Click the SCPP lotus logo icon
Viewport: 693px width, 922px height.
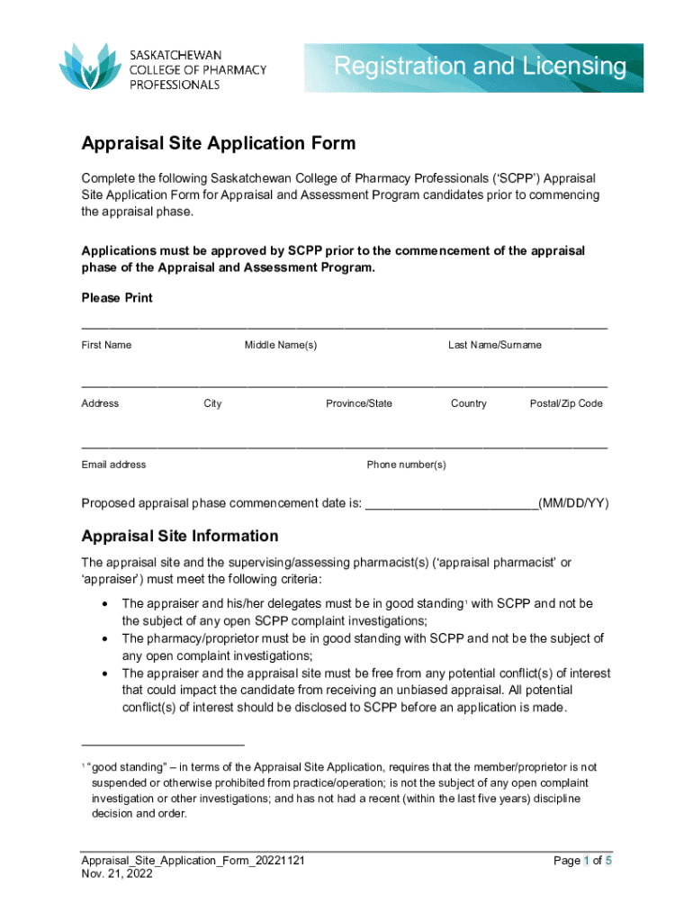(x=89, y=66)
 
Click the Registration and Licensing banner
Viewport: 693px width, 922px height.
(x=474, y=67)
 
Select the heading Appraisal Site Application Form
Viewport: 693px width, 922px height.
(x=219, y=143)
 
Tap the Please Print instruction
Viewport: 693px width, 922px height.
(x=117, y=298)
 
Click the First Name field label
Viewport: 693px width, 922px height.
(x=106, y=345)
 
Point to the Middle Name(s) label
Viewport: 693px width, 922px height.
(x=281, y=345)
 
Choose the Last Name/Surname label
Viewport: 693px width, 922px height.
(x=495, y=345)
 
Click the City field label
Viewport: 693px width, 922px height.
(x=212, y=403)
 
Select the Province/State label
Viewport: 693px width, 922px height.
(x=359, y=403)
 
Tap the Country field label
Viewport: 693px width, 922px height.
(x=469, y=403)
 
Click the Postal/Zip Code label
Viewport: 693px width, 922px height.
(x=566, y=403)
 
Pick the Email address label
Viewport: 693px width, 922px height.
(x=113, y=465)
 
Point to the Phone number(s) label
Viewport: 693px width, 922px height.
(x=406, y=465)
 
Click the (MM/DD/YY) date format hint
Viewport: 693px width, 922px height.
(x=573, y=502)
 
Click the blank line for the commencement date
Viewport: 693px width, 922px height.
(x=451, y=504)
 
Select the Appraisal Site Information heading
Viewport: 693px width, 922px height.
(x=180, y=536)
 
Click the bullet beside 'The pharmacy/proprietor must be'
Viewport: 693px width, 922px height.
(x=107, y=638)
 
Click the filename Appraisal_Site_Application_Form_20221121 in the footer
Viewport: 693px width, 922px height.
(x=193, y=861)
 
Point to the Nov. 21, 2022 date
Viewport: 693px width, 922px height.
(x=117, y=874)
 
